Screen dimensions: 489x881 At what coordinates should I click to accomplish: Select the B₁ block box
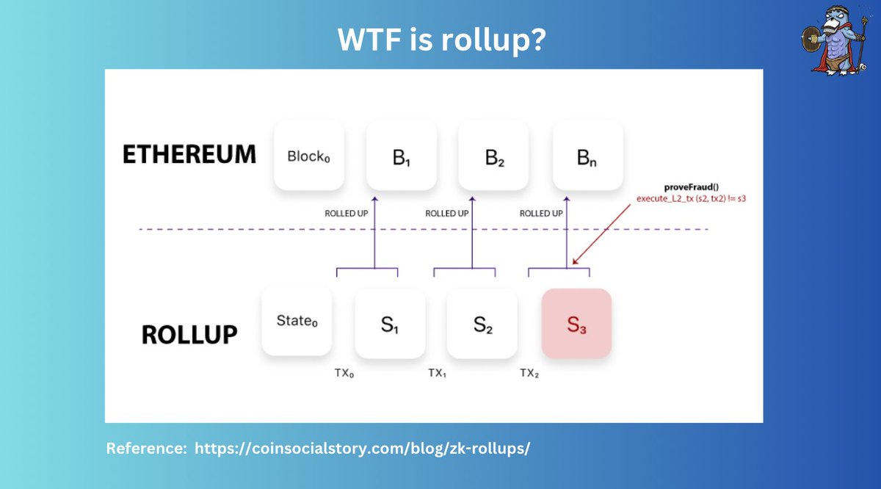(402, 156)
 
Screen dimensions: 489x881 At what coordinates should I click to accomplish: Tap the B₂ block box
(494, 156)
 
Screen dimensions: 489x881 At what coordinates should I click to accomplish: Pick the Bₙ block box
(587, 156)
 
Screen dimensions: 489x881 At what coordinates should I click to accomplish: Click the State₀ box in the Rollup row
(297, 323)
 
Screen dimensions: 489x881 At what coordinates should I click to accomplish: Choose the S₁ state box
(390, 324)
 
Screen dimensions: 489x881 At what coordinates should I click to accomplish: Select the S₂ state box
(482, 324)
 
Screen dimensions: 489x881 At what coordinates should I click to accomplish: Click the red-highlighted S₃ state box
(576, 324)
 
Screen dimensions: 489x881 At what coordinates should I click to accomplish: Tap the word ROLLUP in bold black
(189, 334)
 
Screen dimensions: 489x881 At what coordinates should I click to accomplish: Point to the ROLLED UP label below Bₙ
(541, 214)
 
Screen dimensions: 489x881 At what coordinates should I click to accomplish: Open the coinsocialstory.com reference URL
(361, 449)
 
